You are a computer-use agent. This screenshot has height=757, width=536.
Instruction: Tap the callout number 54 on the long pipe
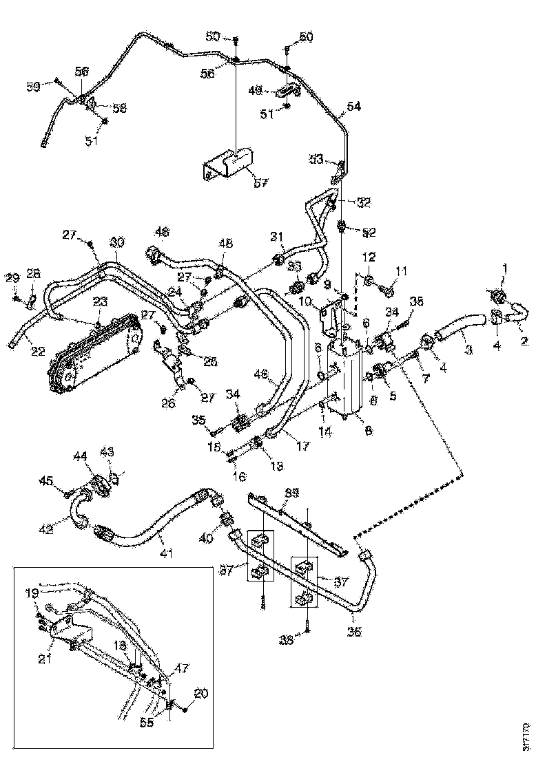tap(353, 107)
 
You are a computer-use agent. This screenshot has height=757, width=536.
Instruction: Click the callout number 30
tap(117, 242)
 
